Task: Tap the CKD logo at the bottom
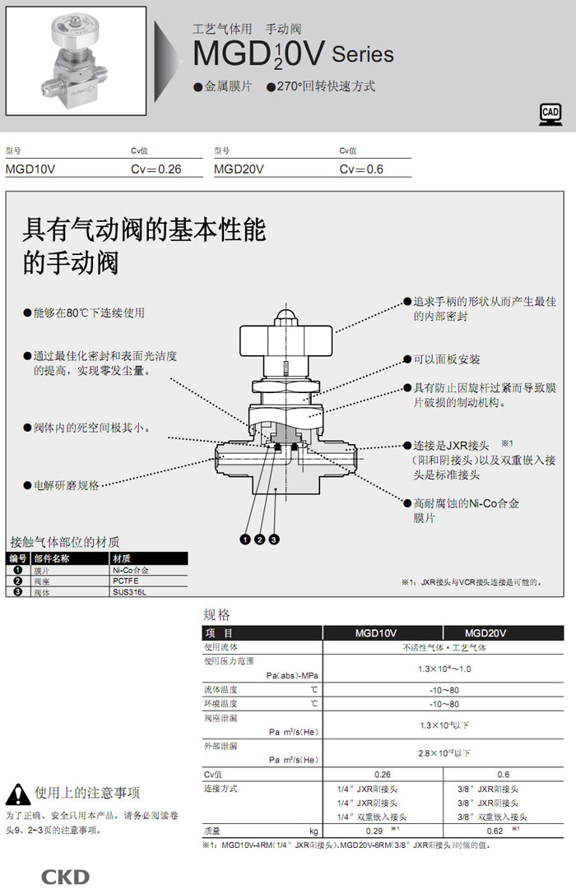65,877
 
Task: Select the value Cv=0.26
156,169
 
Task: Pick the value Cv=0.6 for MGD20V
362,169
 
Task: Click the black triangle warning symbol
17,794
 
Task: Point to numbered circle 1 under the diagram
244,539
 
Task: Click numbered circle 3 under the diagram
274,539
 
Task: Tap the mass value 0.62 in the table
495,831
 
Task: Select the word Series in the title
363,56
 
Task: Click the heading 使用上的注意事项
87,793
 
